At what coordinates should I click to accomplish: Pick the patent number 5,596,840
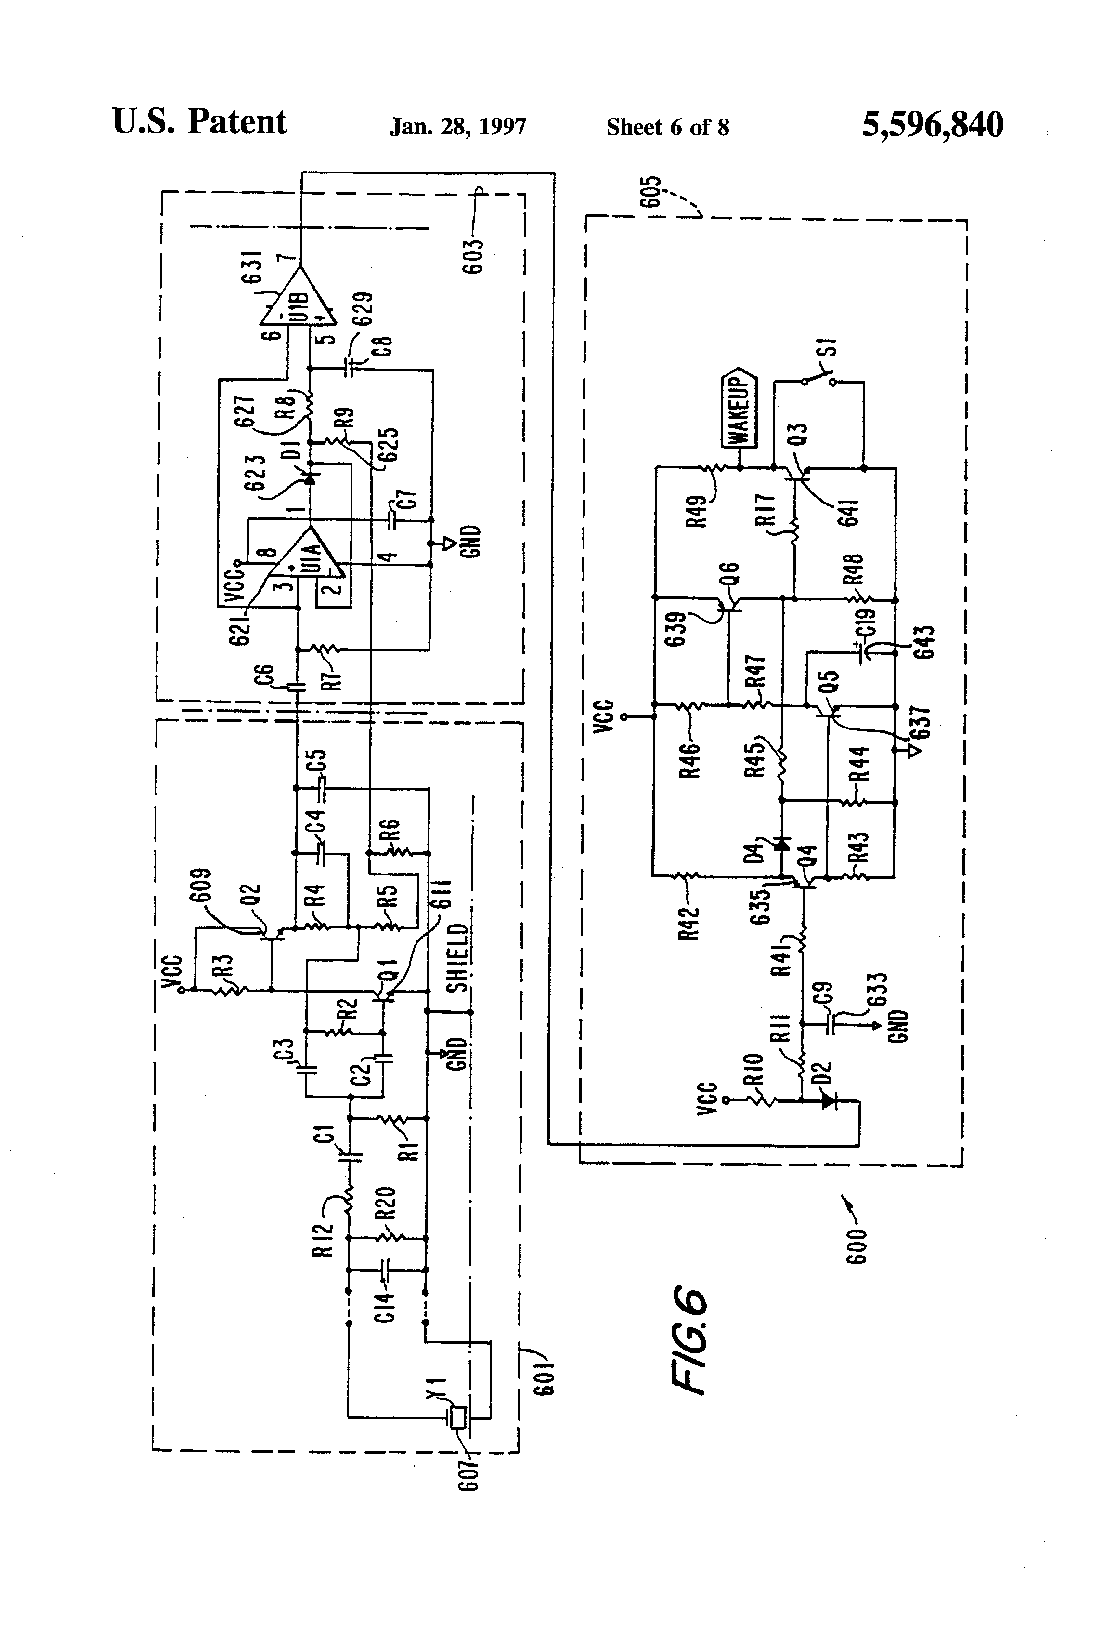(933, 125)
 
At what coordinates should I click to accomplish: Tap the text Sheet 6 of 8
(668, 127)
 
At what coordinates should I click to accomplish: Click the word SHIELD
(457, 958)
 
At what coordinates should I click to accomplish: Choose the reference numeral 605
(652, 191)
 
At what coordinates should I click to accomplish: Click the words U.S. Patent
(200, 122)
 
